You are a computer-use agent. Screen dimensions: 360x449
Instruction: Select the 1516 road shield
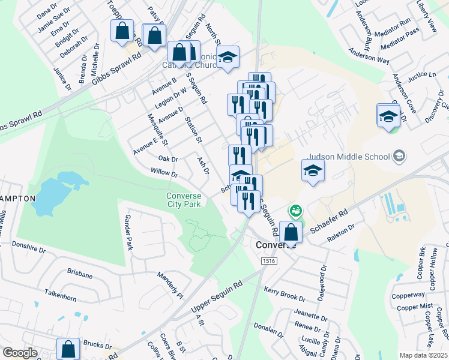coord(268,260)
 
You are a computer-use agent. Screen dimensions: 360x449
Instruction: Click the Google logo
coord(20,353)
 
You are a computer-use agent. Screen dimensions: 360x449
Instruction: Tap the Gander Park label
coord(128,233)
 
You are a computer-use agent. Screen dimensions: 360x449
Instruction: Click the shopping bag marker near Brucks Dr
coord(68,349)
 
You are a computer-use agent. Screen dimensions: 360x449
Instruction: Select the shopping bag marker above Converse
coord(291,232)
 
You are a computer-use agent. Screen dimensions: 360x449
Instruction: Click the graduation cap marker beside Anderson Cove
coord(388,115)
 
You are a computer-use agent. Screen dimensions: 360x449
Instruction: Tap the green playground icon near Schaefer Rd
coord(295,211)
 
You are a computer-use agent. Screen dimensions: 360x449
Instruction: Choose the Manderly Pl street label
coord(170,286)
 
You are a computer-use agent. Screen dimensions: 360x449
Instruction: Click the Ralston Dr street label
coord(342,233)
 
